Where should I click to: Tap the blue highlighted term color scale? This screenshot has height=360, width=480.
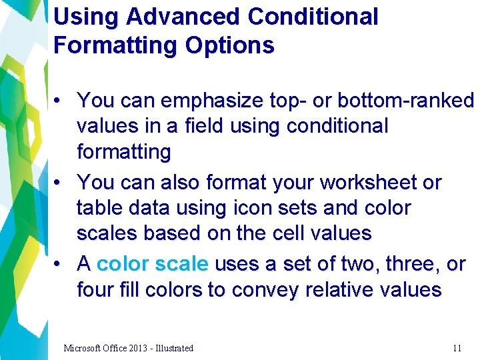click(153, 264)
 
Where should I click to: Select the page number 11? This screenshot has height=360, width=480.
click(457, 348)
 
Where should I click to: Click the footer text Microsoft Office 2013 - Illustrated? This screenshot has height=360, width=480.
click(128, 348)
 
